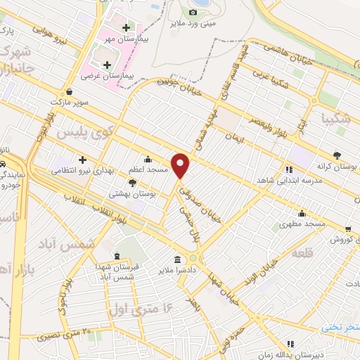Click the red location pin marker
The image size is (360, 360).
181,165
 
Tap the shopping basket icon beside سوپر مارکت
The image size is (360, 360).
70,91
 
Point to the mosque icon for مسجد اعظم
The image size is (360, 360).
148,158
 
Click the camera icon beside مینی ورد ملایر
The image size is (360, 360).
193,12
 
